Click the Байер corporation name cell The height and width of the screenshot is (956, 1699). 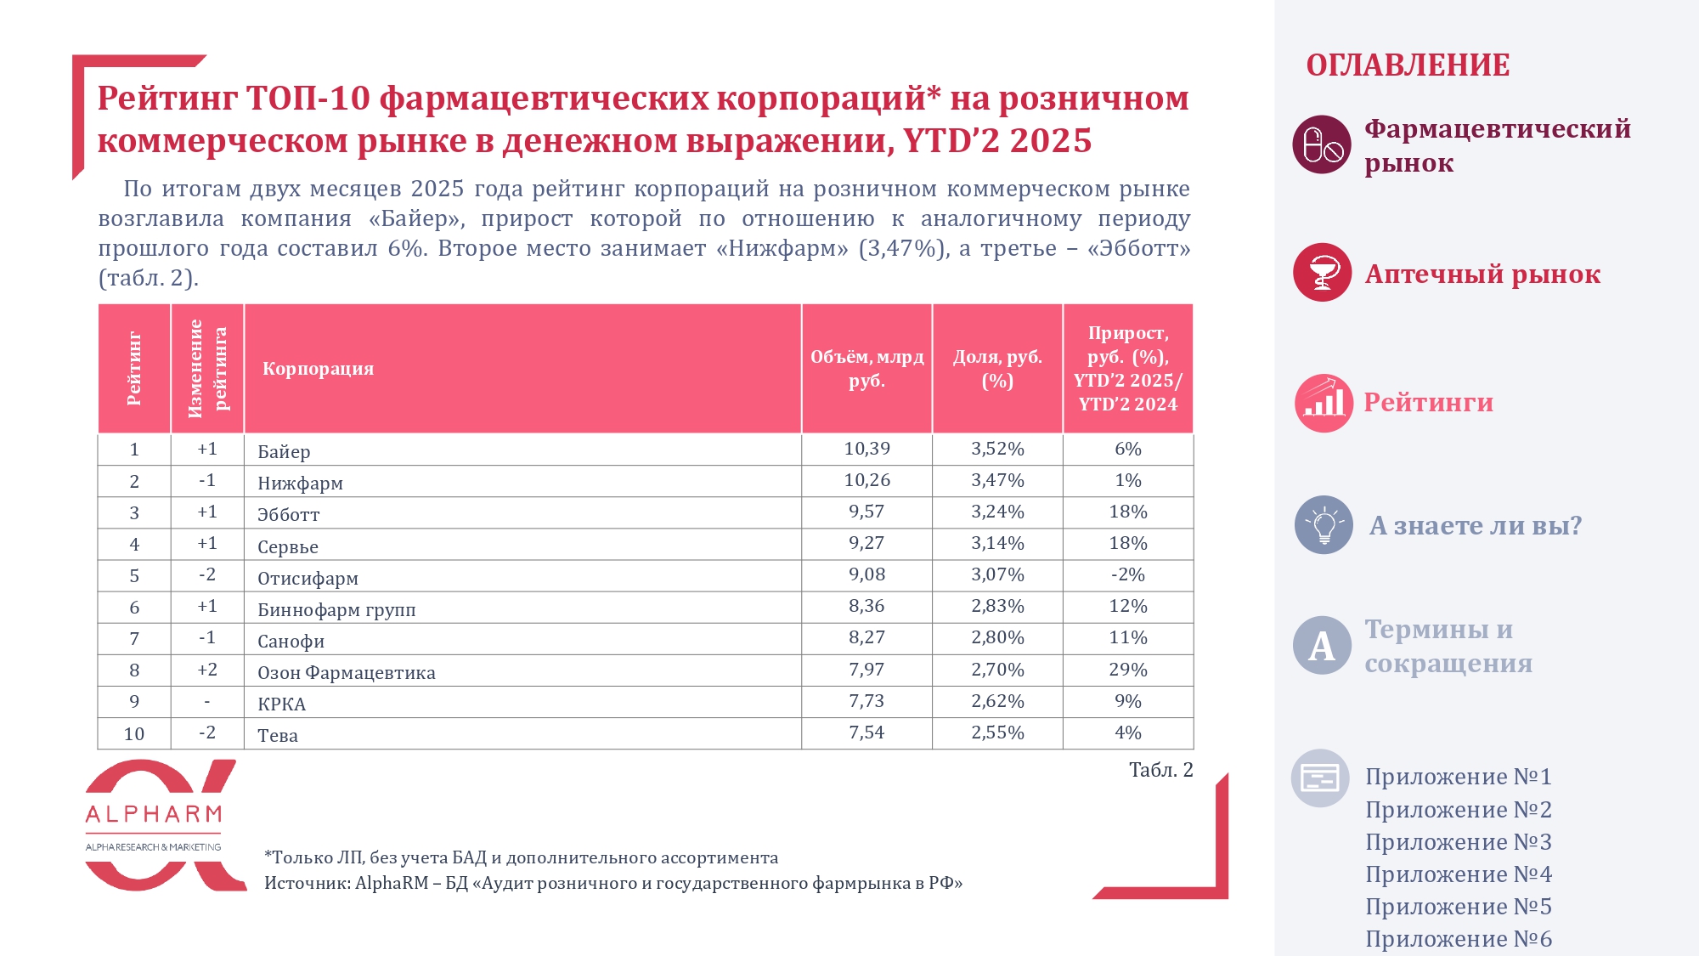coord(284,451)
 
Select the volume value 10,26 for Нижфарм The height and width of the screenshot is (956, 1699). coord(866,480)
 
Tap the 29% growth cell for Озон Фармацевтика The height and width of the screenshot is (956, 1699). coord(1127,670)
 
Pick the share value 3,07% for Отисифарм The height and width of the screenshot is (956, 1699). coord(997,574)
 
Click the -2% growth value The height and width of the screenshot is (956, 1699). coord(1127,574)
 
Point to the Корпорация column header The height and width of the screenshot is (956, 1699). coord(318,369)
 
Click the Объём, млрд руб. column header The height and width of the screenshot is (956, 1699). coord(866,369)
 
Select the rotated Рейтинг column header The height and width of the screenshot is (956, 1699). coord(134,369)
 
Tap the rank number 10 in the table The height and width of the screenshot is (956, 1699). coord(134,733)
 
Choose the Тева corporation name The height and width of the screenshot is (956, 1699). coord(278,736)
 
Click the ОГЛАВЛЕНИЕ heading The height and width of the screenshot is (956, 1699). coord(1408,65)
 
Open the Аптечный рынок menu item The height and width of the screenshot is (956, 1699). coord(1482,274)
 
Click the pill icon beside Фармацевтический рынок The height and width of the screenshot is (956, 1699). coord(1322,144)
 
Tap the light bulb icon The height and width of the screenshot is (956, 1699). coord(1324,525)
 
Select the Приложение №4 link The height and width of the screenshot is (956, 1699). coord(1458,874)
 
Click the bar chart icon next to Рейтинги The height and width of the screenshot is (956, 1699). coord(1324,403)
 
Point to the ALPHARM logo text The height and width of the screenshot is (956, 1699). coord(154,815)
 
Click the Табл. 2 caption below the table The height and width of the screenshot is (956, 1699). coord(1160,770)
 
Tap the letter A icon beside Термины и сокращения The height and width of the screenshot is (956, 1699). coord(1322,646)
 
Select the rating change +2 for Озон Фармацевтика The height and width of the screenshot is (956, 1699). coord(207,670)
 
